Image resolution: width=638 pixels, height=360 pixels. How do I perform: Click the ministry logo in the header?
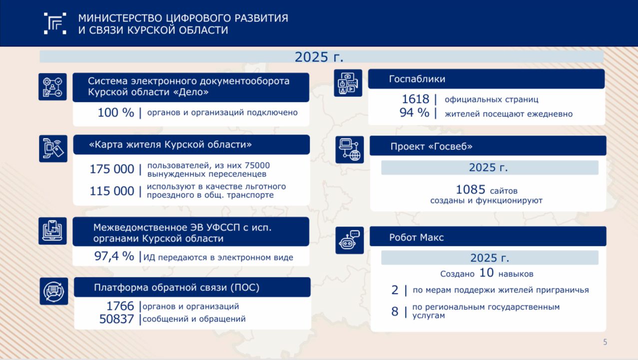click(x=55, y=23)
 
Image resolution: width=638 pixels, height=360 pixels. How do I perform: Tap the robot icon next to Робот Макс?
click(x=349, y=240)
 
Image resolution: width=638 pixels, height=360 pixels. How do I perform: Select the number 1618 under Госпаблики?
click(x=415, y=99)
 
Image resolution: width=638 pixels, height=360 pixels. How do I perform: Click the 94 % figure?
click(x=414, y=112)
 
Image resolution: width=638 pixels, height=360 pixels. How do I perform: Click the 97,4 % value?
click(x=114, y=256)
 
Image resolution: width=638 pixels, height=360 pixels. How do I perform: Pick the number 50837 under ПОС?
click(x=116, y=319)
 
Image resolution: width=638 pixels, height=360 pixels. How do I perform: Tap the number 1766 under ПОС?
click(x=120, y=306)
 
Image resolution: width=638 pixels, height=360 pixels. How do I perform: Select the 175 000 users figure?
click(x=111, y=169)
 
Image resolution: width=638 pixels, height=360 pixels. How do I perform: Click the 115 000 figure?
click(x=111, y=191)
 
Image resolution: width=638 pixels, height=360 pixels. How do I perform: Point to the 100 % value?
click(x=115, y=112)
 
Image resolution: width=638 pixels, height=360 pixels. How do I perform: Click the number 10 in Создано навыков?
click(x=487, y=273)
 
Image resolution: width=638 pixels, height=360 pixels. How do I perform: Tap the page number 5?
click(x=605, y=342)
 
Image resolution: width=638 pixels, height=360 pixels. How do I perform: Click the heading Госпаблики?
click(x=417, y=79)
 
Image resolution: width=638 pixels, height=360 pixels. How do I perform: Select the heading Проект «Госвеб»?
click(x=431, y=146)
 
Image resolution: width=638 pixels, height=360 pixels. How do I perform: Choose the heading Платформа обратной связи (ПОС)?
click(x=176, y=287)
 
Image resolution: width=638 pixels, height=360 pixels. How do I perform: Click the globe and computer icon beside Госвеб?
click(x=349, y=149)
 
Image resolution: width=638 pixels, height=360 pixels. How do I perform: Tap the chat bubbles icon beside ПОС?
click(x=54, y=291)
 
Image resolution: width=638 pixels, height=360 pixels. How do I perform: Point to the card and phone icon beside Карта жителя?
click(x=53, y=148)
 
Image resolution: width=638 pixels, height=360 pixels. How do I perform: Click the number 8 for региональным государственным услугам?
click(x=395, y=311)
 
